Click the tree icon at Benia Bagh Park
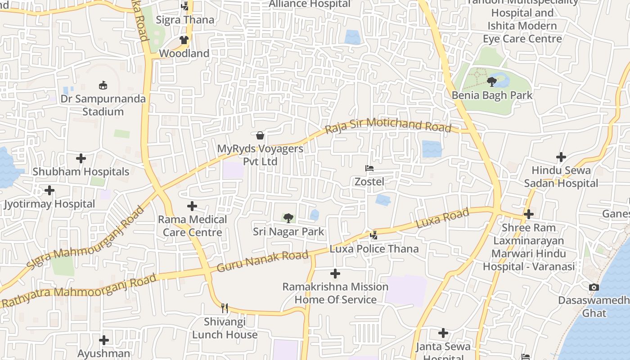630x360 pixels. [x=492, y=82]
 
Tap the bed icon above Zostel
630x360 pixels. [x=369, y=168]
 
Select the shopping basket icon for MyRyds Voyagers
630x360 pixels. [x=260, y=135]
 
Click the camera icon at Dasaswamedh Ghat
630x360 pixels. [x=594, y=287]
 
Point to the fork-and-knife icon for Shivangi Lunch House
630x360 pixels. [x=225, y=308]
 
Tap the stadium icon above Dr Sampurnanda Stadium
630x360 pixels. [x=103, y=85]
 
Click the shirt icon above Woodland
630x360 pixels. [x=184, y=40]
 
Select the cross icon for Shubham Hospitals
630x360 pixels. [x=81, y=158]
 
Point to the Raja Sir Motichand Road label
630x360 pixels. [x=388, y=125]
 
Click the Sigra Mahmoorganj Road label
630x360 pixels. [x=85, y=238]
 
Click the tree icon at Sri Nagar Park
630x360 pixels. [x=288, y=218]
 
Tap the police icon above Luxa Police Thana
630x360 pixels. [x=373, y=235]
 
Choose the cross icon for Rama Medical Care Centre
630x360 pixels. [x=192, y=206]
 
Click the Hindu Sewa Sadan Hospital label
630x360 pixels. [x=561, y=177]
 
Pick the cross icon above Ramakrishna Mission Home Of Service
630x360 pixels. [x=335, y=274]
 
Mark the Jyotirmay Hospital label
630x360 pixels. [x=49, y=204]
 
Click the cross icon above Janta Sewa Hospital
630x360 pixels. [x=443, y=333]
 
